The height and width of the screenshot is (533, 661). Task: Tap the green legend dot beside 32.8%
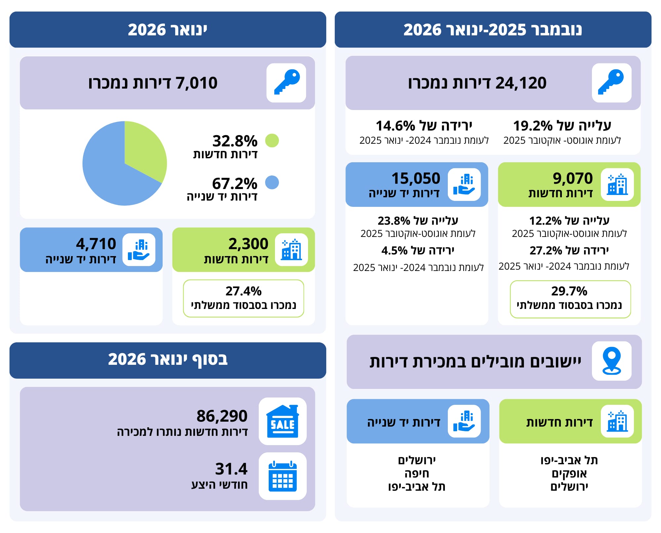point(272,140)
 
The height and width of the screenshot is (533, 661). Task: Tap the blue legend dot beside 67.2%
point(272,182)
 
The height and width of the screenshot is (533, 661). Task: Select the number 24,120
point(521,83)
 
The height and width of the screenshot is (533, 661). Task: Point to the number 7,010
point(196,83)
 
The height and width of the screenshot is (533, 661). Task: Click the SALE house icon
point(283,421)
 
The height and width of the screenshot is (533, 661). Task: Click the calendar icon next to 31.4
point(283,476)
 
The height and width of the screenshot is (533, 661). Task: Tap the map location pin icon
point(612,361)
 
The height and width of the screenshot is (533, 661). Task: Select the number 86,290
point(222,416)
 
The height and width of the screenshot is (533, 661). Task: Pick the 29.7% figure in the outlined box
point(569,291)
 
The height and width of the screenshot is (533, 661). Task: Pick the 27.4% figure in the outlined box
point(244,291)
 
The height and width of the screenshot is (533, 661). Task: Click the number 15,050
point(416,178)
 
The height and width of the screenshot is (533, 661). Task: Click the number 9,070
point(573,178)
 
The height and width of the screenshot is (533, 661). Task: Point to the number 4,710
point(96,244)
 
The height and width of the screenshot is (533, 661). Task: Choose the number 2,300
point(248,244)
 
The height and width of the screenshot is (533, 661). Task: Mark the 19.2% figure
point(532,126)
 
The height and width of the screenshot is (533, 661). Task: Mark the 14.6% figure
point(395,126)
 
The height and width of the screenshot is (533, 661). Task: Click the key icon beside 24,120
point(611,83)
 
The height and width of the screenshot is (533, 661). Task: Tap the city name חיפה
point(417,474)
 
